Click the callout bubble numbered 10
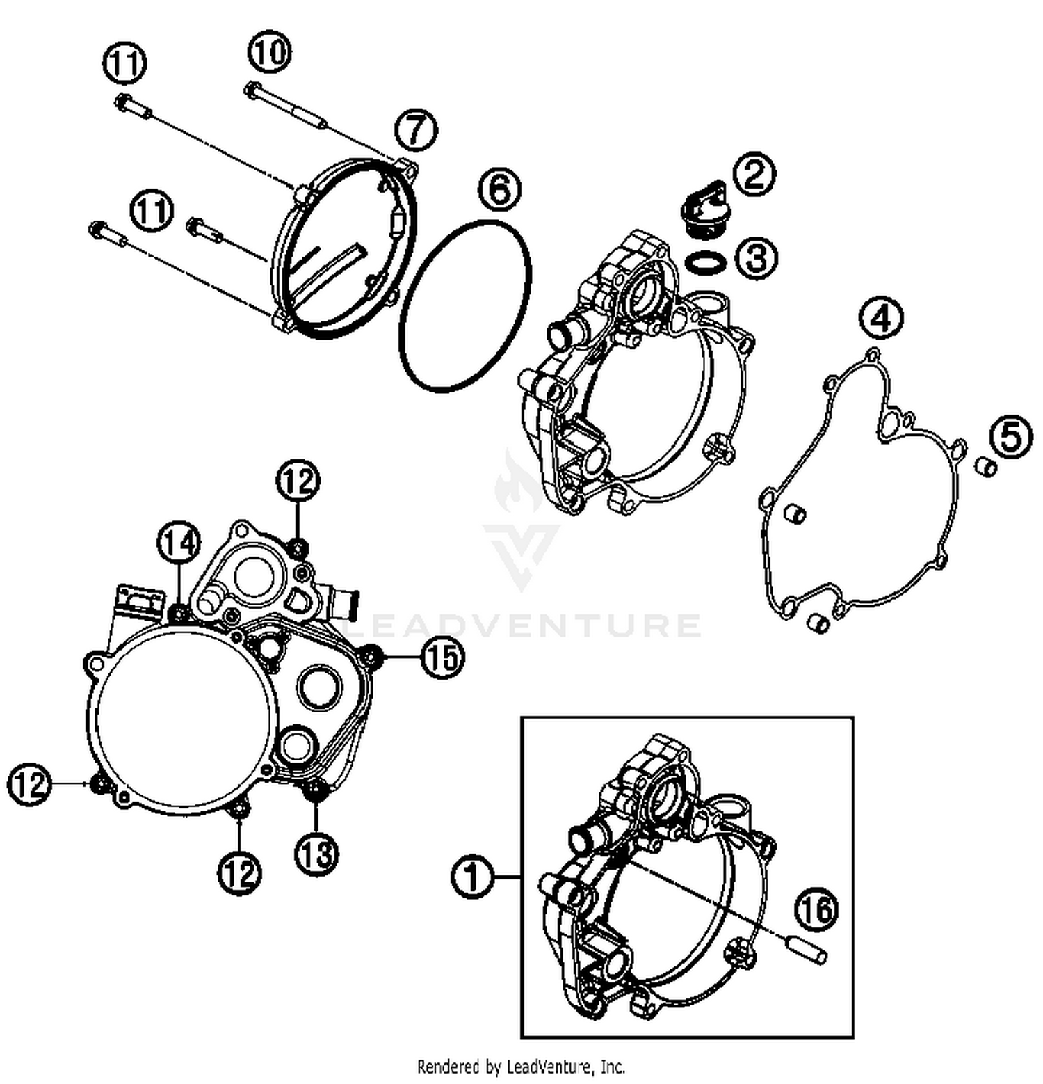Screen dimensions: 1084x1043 point(269,52)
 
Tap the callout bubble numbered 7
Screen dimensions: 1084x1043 point(416,130)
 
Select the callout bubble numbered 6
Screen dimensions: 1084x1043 point(499,189)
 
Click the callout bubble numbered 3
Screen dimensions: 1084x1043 point(757,257)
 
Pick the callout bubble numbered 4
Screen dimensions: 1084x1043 point(881,319)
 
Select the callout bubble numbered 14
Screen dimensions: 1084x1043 point(179,543)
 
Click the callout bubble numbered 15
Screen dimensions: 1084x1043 point(442,656)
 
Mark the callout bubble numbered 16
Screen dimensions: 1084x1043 point(817,909)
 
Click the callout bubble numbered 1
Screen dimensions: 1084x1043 point(473,877)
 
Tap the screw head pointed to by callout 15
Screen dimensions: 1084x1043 point(373,655)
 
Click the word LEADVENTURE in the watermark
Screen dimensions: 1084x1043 point(521,624)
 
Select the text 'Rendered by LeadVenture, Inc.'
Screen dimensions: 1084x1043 point(521,1065)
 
